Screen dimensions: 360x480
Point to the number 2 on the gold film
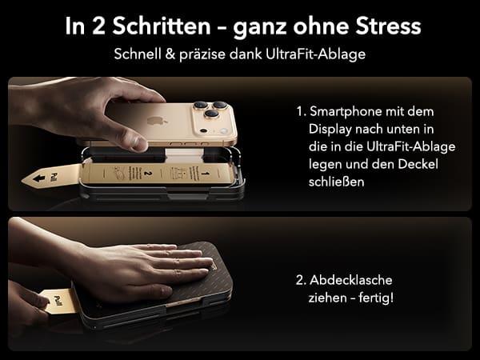[x=147, y=172]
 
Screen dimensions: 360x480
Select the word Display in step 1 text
[x=329, y=128]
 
